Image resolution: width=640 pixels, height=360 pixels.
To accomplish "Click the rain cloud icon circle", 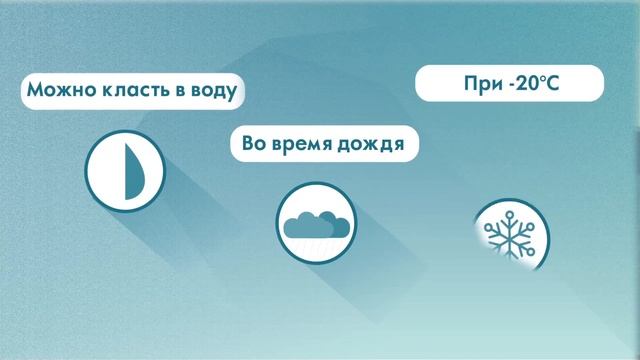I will point(314,222).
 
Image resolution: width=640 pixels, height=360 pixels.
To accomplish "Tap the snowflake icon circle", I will point(510,236).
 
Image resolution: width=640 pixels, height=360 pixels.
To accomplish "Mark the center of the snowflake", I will point(511,237).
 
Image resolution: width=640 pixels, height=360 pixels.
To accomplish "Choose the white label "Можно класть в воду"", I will point(134,93).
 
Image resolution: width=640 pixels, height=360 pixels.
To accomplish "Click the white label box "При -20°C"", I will point(509,84).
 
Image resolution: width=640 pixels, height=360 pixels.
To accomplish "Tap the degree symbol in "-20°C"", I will point(541,79).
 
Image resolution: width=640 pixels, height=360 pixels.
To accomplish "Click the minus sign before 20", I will point(510,86).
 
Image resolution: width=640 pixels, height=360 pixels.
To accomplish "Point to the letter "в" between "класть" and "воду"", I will point(180,94).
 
